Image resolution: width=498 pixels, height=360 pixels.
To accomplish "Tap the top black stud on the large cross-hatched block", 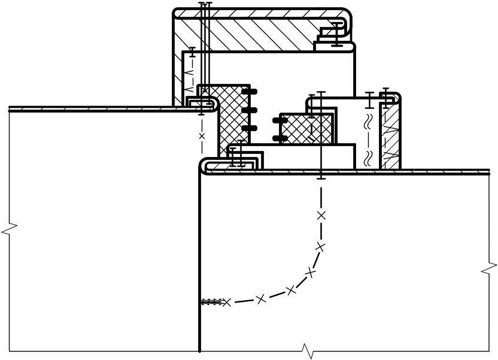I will [251, 92].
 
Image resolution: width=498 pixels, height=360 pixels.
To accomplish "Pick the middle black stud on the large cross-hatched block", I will [251, 110].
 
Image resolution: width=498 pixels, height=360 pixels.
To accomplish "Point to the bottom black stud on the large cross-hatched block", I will [251, 129].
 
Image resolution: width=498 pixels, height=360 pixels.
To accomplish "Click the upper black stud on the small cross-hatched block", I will [278, 120].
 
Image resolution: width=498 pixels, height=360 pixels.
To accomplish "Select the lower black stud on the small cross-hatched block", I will [278, 138].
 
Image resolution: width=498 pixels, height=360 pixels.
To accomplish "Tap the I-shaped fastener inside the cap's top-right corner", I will [338, 33].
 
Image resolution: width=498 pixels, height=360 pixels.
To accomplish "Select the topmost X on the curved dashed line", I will [321, 214].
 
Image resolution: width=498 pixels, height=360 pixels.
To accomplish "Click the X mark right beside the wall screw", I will [226, 302].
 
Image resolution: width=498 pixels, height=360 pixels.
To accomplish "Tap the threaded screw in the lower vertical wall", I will [211, 301].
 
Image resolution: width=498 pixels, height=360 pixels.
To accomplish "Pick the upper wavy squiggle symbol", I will [369, 122].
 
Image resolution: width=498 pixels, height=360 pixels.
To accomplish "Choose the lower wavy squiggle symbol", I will [369, 157].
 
